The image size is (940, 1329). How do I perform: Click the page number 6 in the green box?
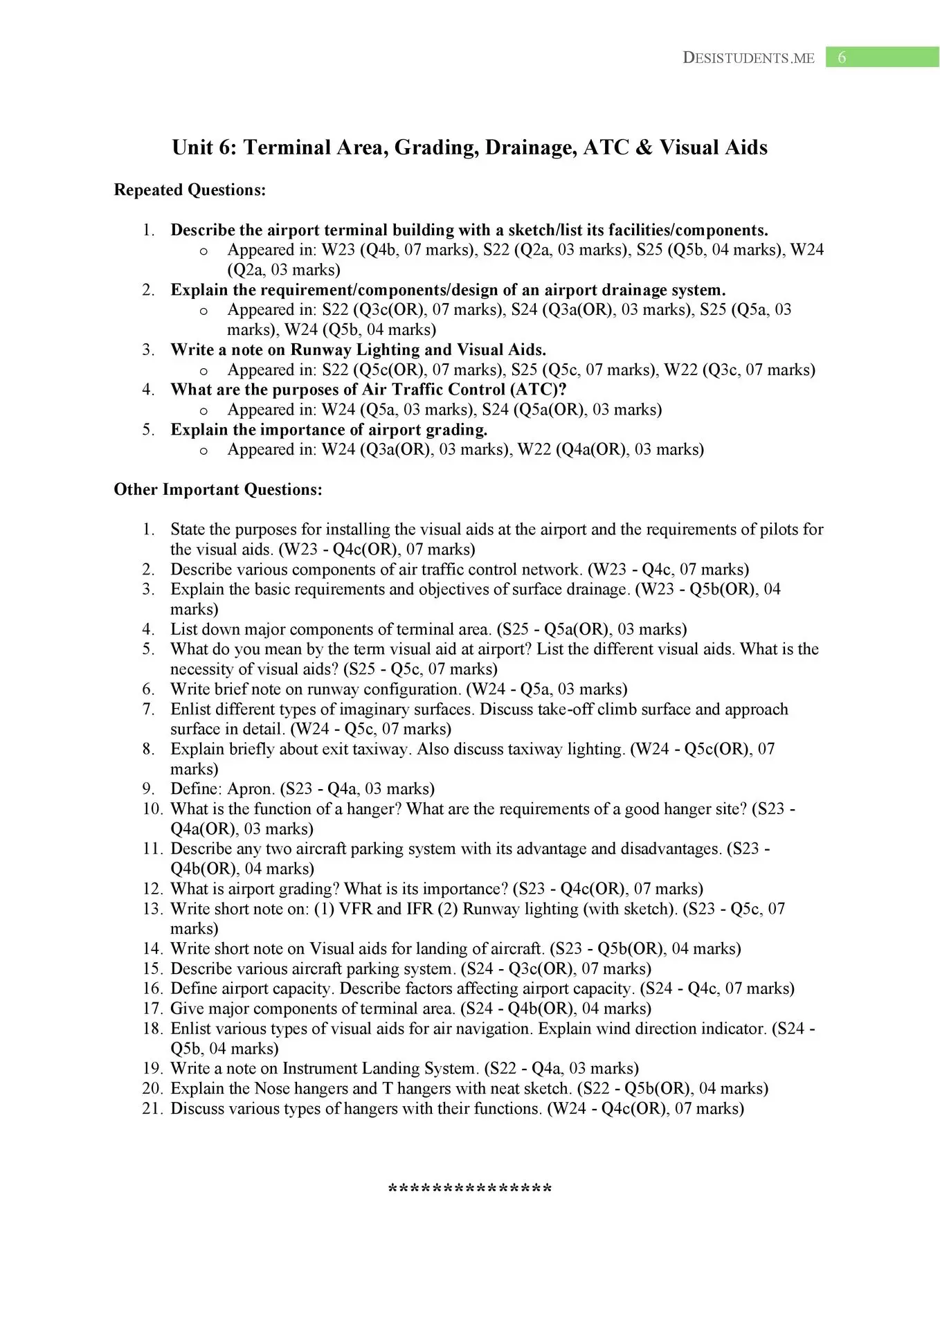pyautogui.click(x=842, y=57)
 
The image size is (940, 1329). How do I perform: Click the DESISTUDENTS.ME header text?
pyautogui.click(x=749, y=58)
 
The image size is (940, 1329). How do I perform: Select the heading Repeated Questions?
pyautogui.click(x=190, y=190)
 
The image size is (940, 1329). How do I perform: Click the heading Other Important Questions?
pyautogui.click(x=218, y=490)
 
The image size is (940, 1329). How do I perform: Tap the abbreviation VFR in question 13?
pyautogui.click(x=354, y=909)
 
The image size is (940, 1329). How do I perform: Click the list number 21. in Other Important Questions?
pyautogui.click(x=153, y=1108)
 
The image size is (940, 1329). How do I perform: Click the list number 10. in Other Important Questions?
pyautogui.click(x=153, y=808)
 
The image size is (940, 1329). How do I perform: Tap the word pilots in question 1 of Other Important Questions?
pyautogui.click(x=773, y=530)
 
